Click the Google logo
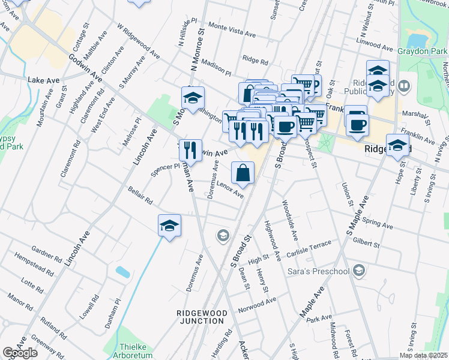pyautogui.click(x=20, y=353)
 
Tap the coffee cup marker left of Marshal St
pyautogui.click(x=357, y=124)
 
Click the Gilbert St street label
pyautogui.click(x=366, y=243)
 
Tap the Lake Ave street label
pyautogui.click(x=44, y=80)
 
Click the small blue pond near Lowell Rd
pyautogui.click(x=122, y=271)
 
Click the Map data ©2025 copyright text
pyautogui.click(x=424, y=355)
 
